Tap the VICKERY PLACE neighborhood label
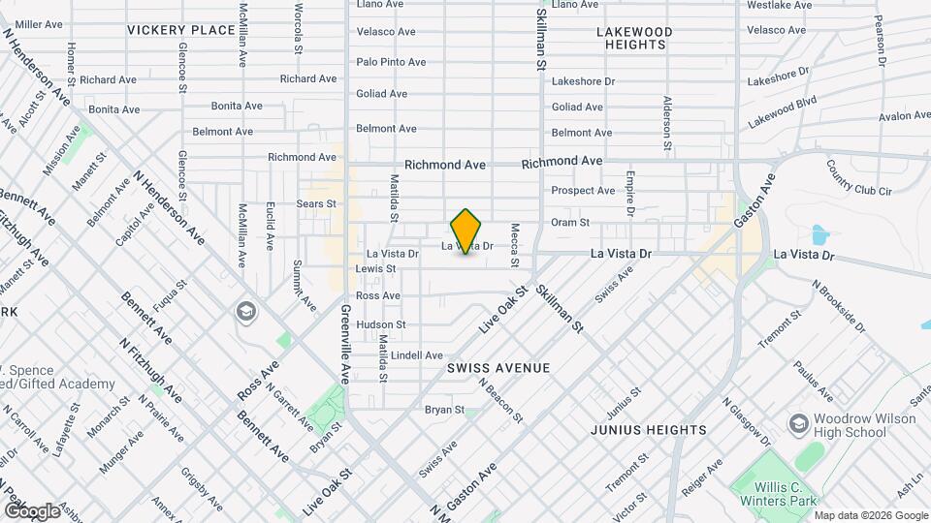[180, 30]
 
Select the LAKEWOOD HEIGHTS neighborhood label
[631, 38]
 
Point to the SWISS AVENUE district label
[498, 368]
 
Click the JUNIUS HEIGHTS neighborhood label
[648, 429]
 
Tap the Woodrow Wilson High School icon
[797, 424]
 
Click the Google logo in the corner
[31, 510]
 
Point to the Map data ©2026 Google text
[872, 515]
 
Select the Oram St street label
[570, 223]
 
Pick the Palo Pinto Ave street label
[391, 62]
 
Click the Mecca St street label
[515, 246]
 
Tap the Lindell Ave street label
[418, 355]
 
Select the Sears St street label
[315, 204]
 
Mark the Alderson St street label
[667, 123]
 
